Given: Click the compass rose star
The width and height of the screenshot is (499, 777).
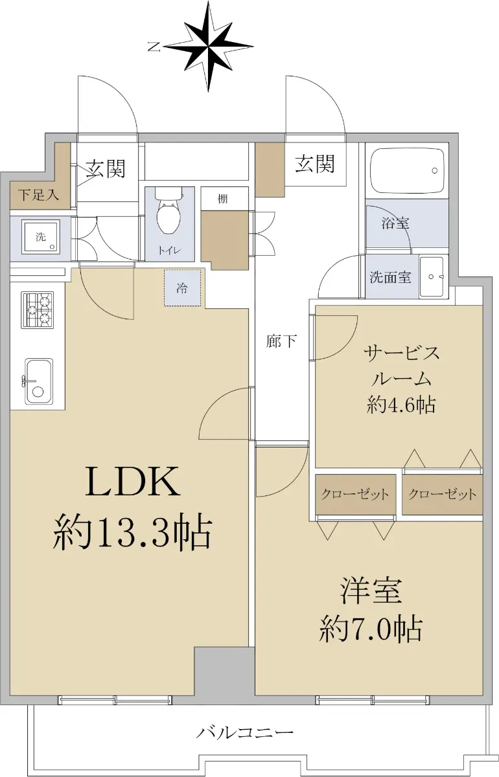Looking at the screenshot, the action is (208, 46).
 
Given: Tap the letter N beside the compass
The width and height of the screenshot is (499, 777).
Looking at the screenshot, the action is (154, 47).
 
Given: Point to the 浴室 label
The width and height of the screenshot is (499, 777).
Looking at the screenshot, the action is (395, 223).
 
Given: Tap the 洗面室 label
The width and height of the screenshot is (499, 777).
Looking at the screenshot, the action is (390, 277).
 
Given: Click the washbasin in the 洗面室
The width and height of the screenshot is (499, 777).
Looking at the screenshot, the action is (432, 276).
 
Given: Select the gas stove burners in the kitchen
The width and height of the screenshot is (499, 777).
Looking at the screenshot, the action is (38, 310).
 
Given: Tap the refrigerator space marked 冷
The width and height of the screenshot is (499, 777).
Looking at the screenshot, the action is (182, 288).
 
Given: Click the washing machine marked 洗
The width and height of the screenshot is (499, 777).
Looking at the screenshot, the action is (41, 236).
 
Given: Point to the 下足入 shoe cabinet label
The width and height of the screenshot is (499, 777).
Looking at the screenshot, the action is (38, 195).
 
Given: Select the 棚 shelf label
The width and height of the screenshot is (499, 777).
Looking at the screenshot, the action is (222, 199).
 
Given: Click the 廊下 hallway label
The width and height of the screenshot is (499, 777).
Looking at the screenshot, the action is (281, 341).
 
